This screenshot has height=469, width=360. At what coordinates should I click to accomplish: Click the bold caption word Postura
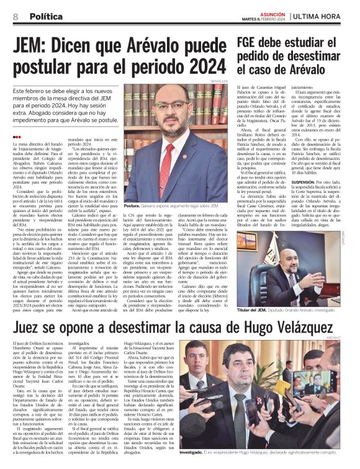tap(132, 205)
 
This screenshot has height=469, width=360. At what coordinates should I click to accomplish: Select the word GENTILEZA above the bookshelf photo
tap(218, 81)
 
